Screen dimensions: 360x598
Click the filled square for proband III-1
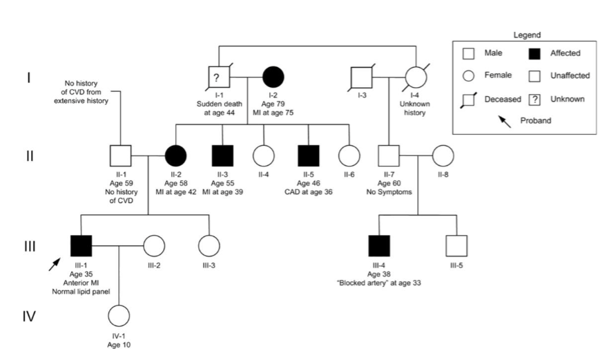click(x=82, y=245)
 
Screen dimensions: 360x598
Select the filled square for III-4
click(x=379, y=245)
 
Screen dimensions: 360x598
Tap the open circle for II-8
click(x=443, y=156)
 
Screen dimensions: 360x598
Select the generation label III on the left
click(x=30, y=246)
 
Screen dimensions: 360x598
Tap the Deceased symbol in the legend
click(x=469, y=100)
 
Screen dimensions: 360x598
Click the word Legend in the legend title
click(x=528, y=35)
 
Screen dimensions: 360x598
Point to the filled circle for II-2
click(x=175, y=156)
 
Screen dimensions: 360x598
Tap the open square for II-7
click(x=389, y=156)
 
